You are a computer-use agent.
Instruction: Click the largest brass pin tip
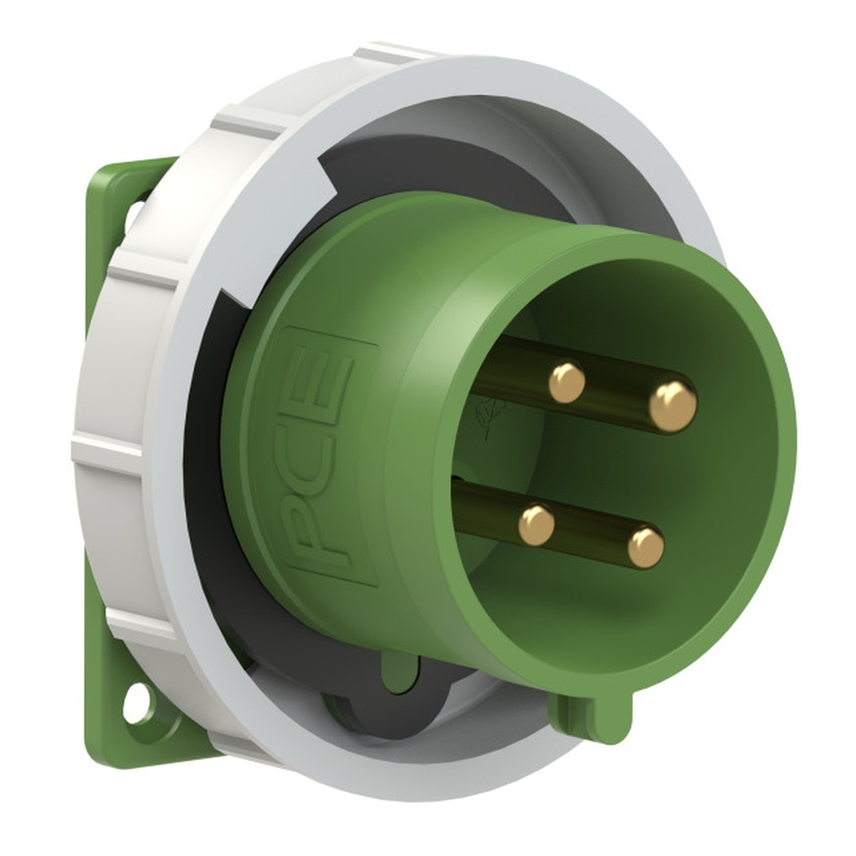pos(672,406)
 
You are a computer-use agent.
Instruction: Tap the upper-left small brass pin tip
pos(567,382)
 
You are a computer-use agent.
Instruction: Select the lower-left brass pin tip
pos(537,524)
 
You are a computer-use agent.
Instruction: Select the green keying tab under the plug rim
pos(591,714)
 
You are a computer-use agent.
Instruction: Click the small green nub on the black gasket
pos(400,673)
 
